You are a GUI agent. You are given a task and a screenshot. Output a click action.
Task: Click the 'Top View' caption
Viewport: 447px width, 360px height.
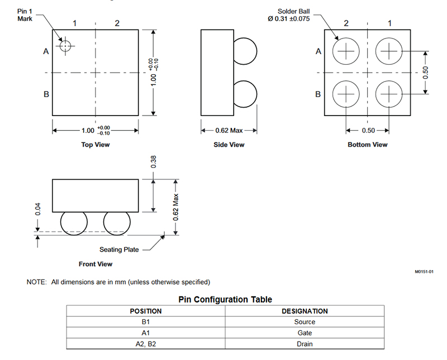[x=96, y=145]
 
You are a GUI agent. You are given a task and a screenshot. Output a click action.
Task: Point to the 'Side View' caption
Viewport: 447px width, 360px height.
[x=229, y=145]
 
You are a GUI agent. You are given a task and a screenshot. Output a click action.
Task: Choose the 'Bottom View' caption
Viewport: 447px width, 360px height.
[x=368, y=145]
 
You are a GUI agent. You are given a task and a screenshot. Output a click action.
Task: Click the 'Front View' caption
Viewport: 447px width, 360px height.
[x=96, y=264]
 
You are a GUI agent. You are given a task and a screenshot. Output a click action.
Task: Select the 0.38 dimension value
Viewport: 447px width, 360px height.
[x=153, y=162]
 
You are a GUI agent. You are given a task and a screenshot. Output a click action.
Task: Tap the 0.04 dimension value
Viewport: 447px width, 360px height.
[x=37, y=209]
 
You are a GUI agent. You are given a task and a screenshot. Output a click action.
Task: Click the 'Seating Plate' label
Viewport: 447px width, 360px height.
[x=119, y=249]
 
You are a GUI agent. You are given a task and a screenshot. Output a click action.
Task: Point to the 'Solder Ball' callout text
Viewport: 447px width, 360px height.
[x=294, y=11]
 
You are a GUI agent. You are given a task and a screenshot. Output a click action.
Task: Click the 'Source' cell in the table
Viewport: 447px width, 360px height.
[x=305, y=322]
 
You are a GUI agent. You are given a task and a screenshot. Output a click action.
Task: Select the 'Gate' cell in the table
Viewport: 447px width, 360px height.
[x=305, y=333]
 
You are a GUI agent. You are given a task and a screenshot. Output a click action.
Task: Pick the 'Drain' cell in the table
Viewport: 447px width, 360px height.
[x=305, y=344]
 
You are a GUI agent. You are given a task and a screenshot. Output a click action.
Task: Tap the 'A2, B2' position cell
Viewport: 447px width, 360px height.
[x=146, y=344]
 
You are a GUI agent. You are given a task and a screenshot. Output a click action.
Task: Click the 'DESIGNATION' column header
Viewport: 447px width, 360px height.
[x=305, y=311]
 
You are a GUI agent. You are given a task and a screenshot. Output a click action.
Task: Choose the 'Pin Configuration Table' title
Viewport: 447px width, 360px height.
[x=225, y=299]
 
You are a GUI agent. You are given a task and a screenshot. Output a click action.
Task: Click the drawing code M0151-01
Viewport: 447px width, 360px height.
[x=424, y=272]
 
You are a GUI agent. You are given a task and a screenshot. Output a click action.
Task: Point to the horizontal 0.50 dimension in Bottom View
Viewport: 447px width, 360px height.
[x=368, y=131]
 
